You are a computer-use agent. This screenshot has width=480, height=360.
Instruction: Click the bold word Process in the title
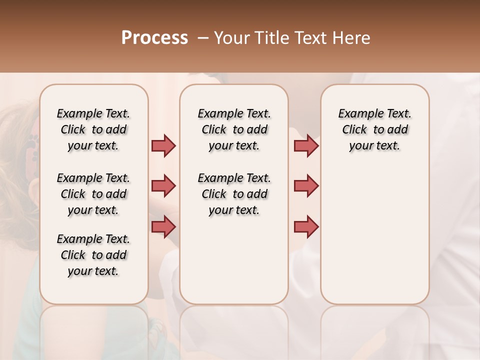154,38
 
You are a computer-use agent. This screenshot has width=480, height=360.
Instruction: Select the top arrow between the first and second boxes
163,146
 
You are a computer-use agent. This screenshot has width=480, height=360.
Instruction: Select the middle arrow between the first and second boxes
163,186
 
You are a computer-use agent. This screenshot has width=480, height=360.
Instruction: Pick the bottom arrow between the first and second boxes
163,226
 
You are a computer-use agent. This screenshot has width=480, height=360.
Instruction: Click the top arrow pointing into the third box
306,146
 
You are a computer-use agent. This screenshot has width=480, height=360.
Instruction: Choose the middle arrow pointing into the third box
306,186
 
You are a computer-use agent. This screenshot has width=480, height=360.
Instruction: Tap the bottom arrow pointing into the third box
306,226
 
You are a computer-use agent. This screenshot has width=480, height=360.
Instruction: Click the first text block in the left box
93,129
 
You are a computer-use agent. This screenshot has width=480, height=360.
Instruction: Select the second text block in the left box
93,194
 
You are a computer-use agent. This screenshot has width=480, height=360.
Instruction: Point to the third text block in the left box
93,255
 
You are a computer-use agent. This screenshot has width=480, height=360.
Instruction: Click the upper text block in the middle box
234,129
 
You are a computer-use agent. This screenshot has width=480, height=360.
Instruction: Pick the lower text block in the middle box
234,194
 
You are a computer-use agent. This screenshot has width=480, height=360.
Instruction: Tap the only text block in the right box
374,129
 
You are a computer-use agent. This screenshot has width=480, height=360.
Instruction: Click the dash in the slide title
202,38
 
